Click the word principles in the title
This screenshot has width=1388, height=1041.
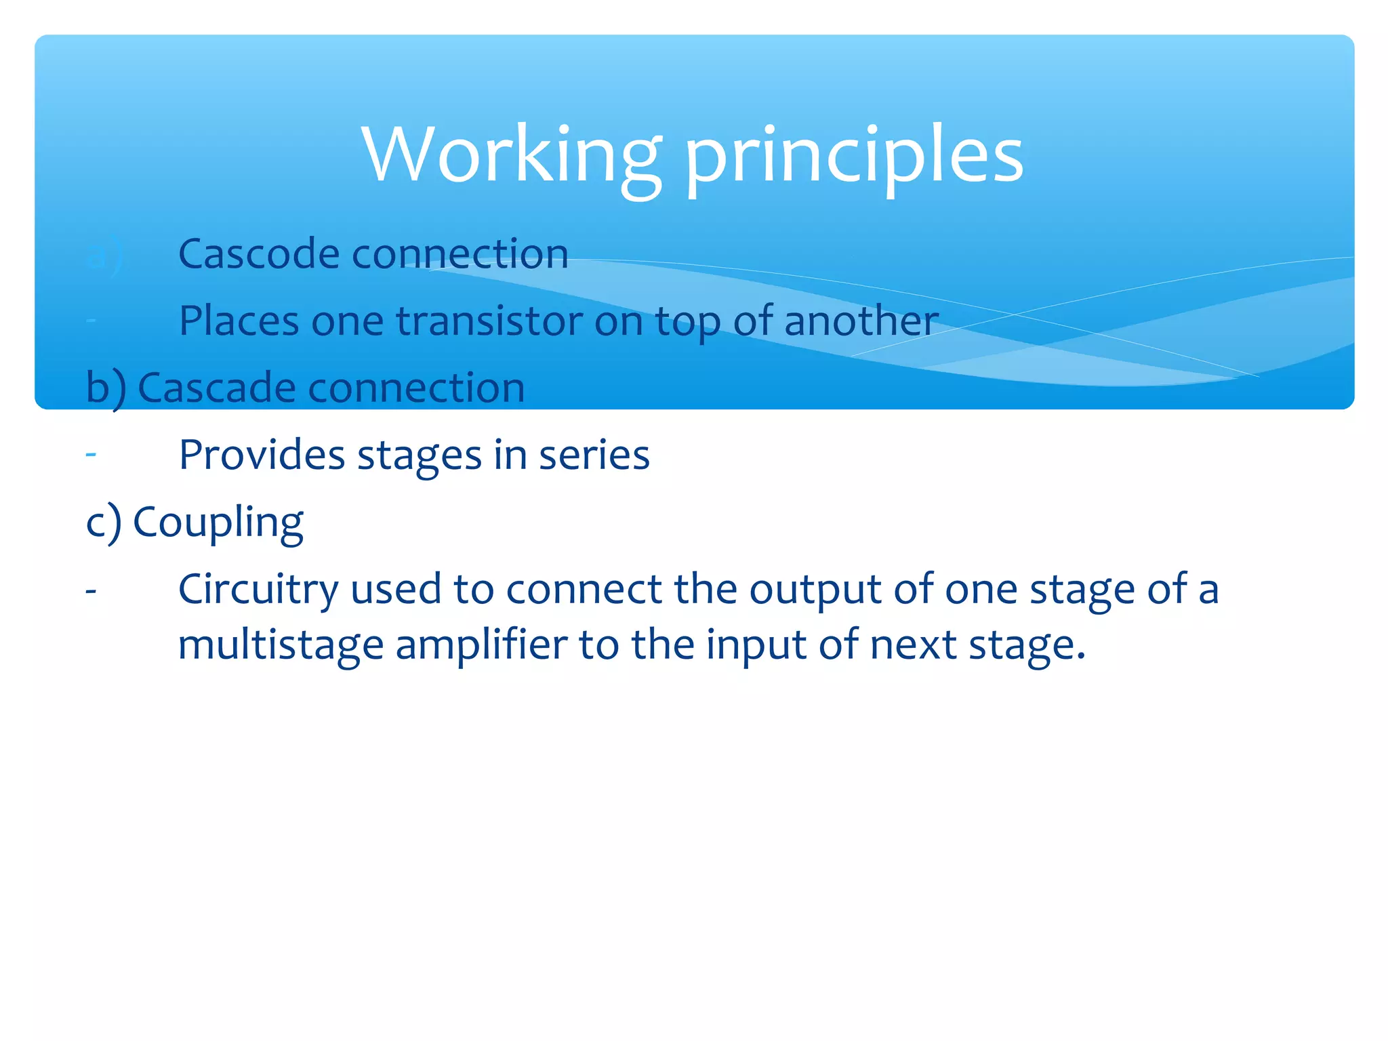coord(854,157)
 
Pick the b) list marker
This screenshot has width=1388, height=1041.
coord(106,388)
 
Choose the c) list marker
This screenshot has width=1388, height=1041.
coord(104,522)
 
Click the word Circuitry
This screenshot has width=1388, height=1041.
coord(258,590)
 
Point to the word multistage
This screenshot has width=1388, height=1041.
coord(281,645)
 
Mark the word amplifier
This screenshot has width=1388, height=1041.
coord(481,645)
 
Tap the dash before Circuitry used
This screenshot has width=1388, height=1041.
coord(91,591)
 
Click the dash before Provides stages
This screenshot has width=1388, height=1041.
coord(91,455)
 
